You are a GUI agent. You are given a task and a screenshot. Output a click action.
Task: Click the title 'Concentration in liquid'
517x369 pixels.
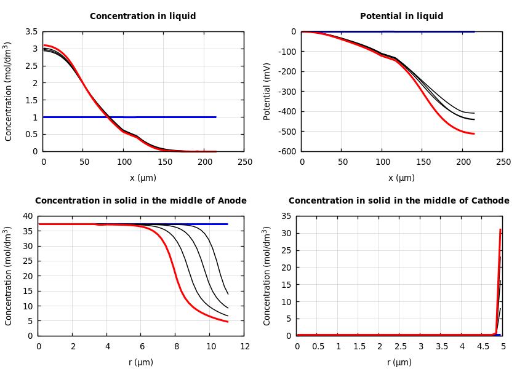[143, 17]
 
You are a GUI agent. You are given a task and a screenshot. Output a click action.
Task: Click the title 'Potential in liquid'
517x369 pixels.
[401, 17]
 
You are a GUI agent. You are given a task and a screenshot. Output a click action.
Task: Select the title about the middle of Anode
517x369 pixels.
[141, 201]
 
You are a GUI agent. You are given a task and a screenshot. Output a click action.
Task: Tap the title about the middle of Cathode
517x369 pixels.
[399, 201]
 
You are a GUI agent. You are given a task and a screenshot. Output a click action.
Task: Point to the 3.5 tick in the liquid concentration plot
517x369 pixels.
[31, 31]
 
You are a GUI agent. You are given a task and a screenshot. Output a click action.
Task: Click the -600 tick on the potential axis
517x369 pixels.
[286, 151]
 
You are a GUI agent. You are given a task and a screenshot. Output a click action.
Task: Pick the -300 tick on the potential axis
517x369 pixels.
[286, 92]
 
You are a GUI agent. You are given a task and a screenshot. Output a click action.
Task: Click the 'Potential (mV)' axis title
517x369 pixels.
[267, 91]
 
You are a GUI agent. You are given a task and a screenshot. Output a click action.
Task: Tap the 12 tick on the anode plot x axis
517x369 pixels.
[244, 347]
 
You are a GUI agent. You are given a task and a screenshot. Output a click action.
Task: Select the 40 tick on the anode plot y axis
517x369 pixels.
[27, 216]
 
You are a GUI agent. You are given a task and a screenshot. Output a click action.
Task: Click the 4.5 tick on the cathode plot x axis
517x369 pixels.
[483, 347]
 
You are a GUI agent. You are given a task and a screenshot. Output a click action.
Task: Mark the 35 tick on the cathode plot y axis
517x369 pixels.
[286, 216]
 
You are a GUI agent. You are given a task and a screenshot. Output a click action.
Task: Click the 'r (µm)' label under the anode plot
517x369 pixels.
[141, 362]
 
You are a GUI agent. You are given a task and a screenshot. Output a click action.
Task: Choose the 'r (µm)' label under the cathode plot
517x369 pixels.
[399, 362]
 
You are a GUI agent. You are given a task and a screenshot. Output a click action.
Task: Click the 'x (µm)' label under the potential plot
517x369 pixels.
[401, 178]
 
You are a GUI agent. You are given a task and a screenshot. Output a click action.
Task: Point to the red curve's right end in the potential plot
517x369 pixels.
[474, 133]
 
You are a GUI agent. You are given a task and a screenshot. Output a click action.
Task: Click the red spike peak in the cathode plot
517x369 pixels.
[500, 229]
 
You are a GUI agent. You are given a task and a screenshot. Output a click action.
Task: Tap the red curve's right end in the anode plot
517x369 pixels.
[228, 322]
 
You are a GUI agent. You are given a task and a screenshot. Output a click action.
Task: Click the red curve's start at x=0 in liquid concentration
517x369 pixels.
[44, 45]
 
